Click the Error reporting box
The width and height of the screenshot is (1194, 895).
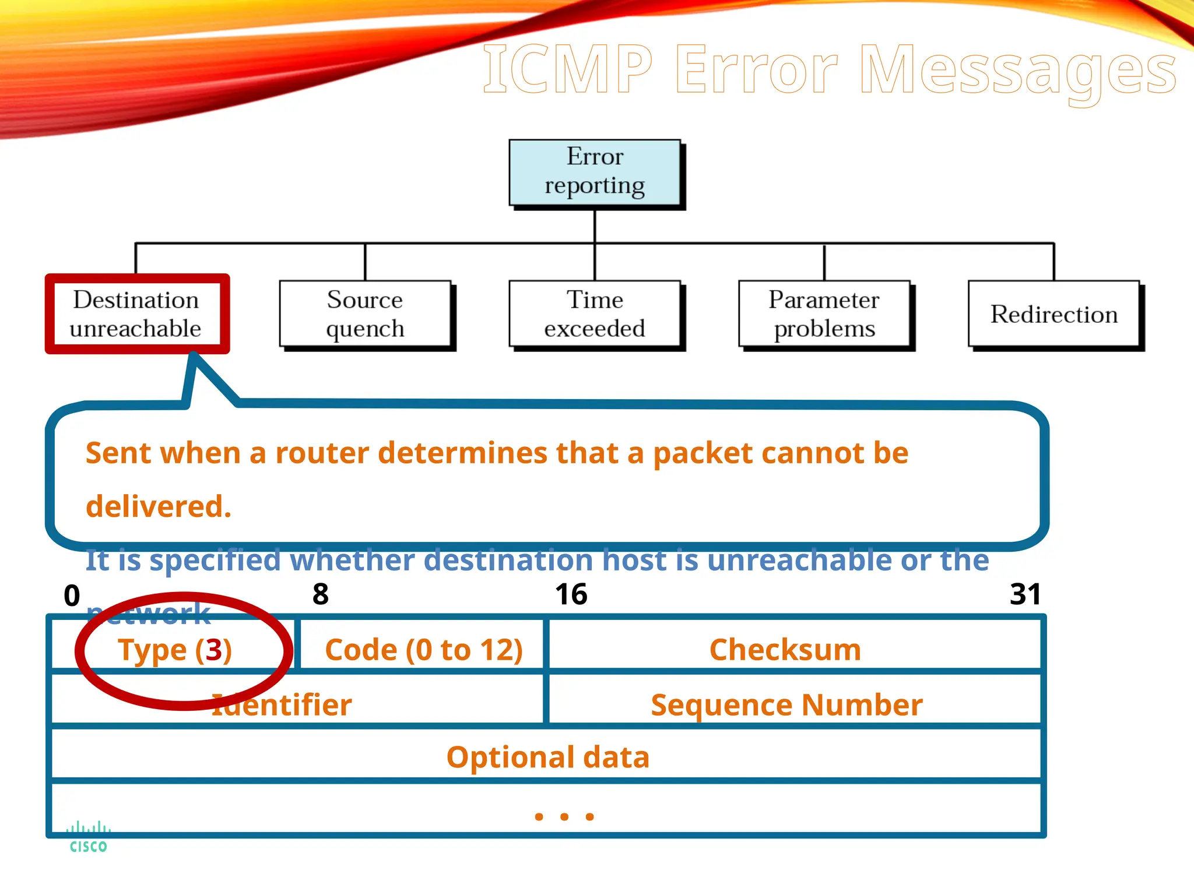point(595,172)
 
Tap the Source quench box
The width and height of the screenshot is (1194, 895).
point(365,314)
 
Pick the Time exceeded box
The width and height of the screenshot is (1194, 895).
point(595,314)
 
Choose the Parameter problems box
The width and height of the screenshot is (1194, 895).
point(824,314)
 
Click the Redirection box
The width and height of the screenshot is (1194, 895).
point(1053,314)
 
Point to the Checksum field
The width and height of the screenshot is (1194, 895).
point(785,649)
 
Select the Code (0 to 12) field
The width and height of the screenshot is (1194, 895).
point(423,649)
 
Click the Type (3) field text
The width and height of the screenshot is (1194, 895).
point(175,650)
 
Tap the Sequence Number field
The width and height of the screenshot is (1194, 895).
point(786,704)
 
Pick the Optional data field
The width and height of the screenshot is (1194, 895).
point(547,757)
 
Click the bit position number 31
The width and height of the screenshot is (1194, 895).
point(1025,594)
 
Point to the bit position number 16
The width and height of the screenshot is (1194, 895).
point(571,594)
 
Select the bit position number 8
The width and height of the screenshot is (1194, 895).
point(321,594)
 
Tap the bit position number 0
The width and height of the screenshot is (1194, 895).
point(72,596)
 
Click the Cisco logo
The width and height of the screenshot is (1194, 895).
point(88,837)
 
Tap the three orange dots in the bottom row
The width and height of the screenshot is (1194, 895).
point(564,816)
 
